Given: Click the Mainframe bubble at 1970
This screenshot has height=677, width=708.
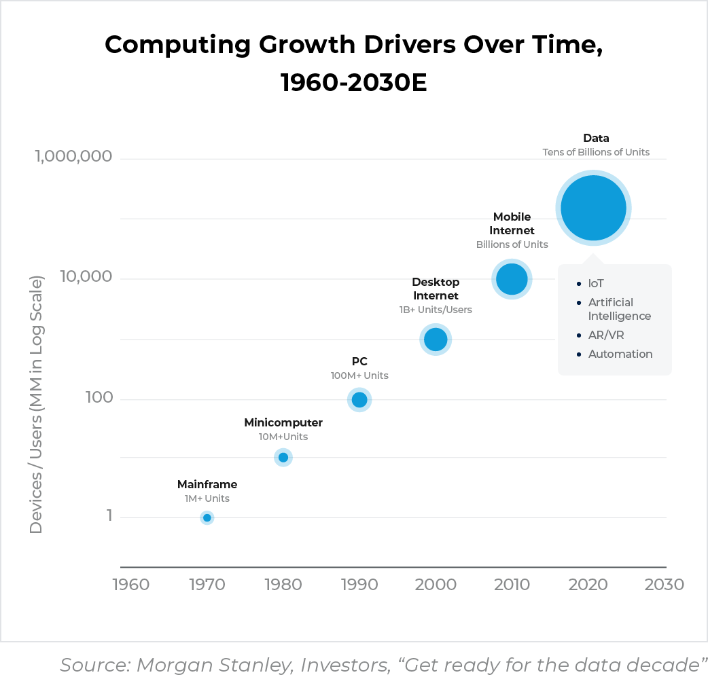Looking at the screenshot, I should pyautogui.click(x=207, y=518).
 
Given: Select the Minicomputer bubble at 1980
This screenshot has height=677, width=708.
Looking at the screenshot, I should pyautogui.click(x=283, y=458).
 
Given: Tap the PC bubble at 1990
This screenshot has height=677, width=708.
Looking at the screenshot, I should pyautogui.click(x=359, y=400).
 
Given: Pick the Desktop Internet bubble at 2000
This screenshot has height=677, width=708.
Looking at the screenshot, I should pyautogui.click(x=436, y=340).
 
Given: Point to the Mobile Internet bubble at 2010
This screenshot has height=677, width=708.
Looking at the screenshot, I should pyautogui.click(x=512, y=279).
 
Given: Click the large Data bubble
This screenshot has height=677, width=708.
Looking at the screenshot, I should pyautogui.click(x=593, y=208).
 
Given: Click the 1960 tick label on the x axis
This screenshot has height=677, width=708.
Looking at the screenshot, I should pyautogui.click(x=130, y=585).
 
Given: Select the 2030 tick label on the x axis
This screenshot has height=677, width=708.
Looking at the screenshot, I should pyautogui.click(x=664, y=585).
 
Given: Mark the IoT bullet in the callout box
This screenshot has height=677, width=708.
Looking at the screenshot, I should pyautogui.click(x=596, y=284).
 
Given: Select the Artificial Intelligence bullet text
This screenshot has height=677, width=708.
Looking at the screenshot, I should pyautogui.click(x=619, y=310).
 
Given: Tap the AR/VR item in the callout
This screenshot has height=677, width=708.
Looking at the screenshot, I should pyautogui.click(x=606, y=335).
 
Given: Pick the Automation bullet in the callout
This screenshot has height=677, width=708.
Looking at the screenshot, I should pyautogui.click(x=620, y=354).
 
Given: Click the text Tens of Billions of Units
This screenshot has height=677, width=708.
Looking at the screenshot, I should pyautogui.click(x=596, y=152).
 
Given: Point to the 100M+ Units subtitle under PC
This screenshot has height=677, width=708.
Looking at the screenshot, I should pyautogui.click(x=359, y=376).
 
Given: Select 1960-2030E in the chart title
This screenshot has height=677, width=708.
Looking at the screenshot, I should pyautogui.click(x=353, y=83).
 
